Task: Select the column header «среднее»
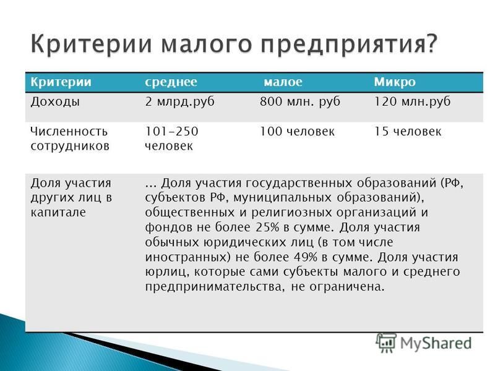tap(171, 82)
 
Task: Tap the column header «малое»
tap(283, 82)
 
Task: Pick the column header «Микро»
tap(395, 82)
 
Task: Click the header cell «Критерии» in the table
tap(61, 82)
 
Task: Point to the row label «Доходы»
tap(55, 102)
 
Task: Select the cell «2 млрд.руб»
tap(179, 102)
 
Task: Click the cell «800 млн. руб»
tap(300, 102)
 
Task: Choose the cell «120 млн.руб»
tap(412, 102)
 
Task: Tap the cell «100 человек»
tap(297, 131)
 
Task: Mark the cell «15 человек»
tap(407, 131)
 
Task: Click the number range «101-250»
tap(171, 131)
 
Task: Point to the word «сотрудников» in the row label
tap(70, 146)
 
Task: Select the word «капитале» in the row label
tap(58, 212)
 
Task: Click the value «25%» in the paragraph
tap(267, 227)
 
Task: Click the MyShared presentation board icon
tap(386, 343)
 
